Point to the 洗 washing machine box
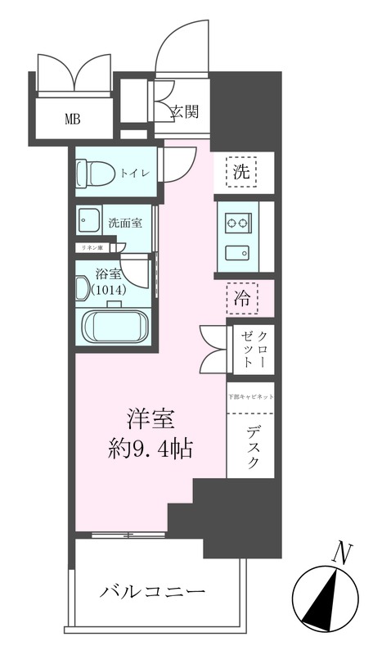click(x=242, y=172)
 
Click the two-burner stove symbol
click(x=239, y=222)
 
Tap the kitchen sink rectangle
click(x=239, y=251)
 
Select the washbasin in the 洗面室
click(x=86, y=221)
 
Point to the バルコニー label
click(x=152, y=592)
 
